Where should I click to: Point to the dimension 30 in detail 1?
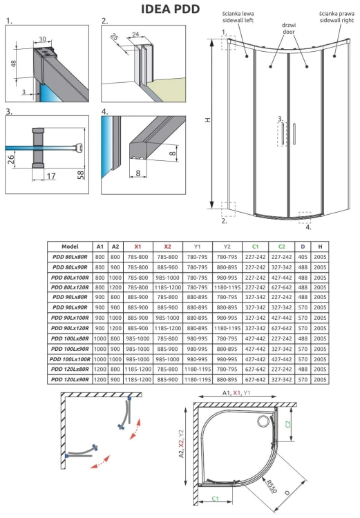point(44,40)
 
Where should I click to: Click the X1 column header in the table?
point(137,246)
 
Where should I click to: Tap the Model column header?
point(70,246)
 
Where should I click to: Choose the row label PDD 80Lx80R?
point(70,257)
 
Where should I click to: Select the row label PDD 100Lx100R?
point(70,359)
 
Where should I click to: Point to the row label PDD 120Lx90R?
point(70,380)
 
